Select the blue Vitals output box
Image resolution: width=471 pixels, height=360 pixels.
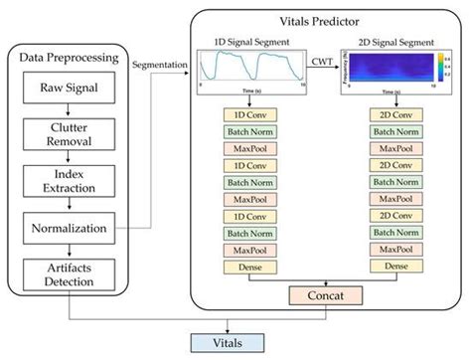[223, 341]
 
